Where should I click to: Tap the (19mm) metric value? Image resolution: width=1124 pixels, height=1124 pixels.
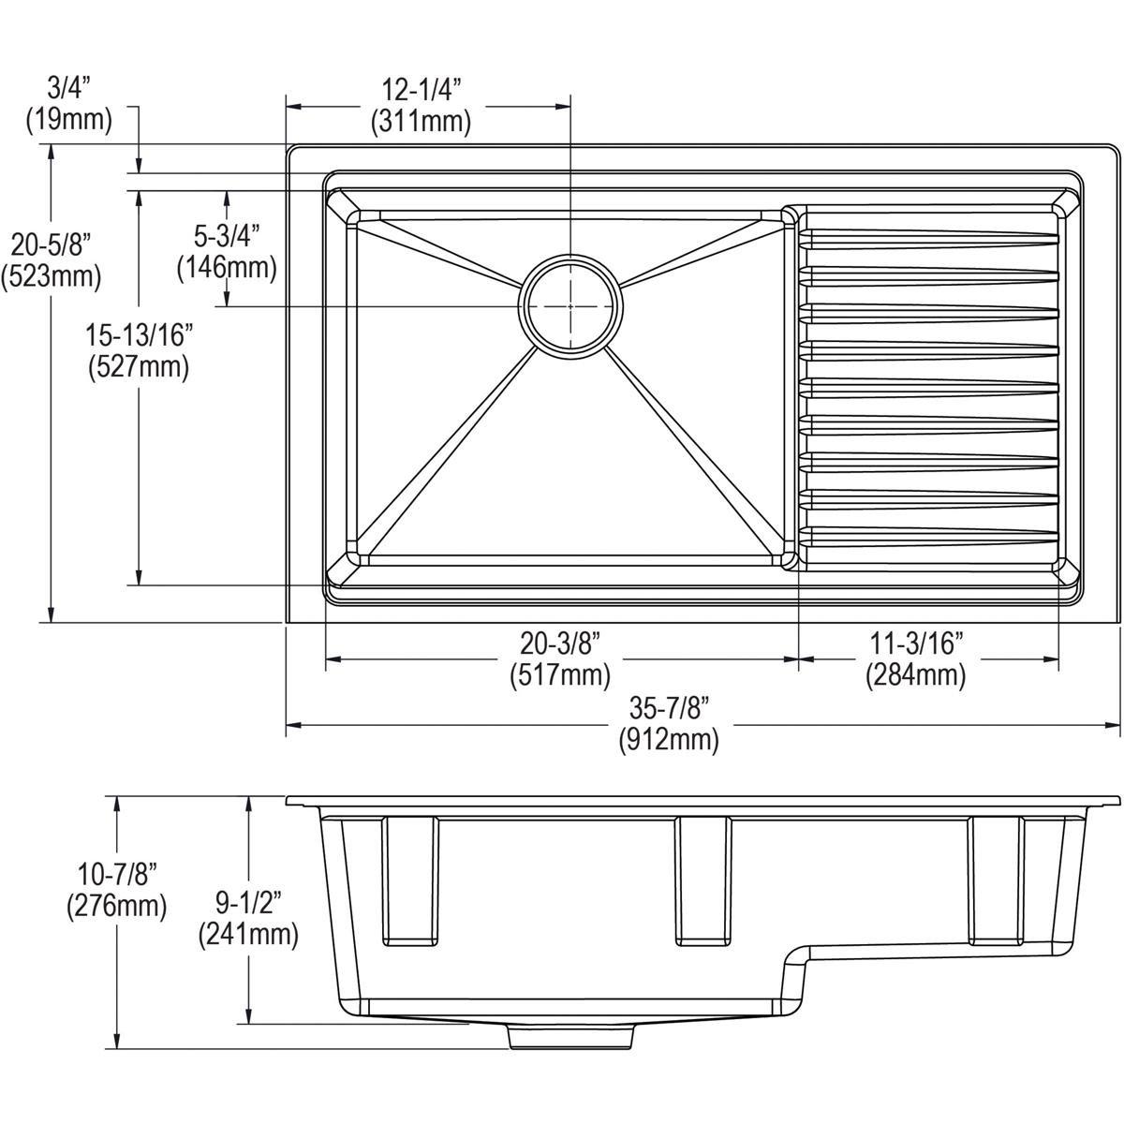[68, 120]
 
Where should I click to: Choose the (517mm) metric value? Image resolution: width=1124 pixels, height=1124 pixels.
[559, 674]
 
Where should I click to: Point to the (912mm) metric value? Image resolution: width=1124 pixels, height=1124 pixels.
[668, 740]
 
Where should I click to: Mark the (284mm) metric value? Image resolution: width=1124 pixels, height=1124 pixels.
[915, 674]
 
